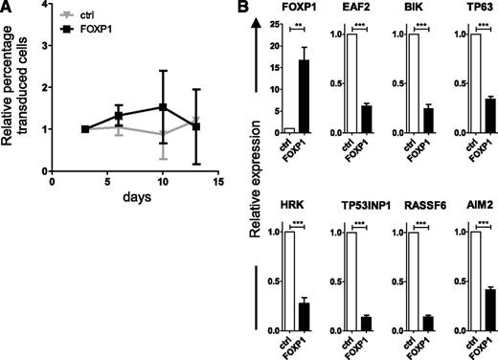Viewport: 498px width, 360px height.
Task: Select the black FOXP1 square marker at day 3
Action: (84, 129)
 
